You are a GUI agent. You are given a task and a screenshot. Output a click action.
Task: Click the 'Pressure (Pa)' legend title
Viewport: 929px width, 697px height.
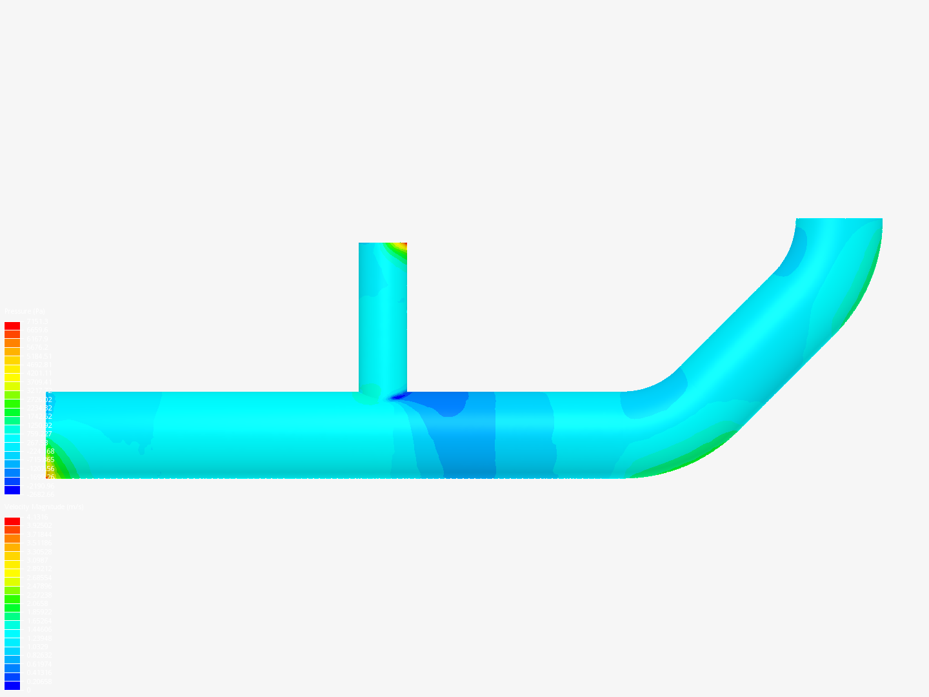25,312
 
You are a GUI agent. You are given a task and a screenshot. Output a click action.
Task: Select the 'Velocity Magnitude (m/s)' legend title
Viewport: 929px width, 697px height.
44,507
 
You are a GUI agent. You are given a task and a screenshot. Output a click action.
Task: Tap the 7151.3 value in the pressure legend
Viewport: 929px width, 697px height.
37,321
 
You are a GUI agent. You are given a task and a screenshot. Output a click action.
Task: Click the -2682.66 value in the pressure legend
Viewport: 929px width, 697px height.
39,494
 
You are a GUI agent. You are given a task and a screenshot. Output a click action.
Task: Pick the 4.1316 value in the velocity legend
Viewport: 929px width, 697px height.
37,517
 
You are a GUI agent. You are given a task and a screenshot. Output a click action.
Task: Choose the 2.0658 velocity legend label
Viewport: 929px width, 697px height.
37,603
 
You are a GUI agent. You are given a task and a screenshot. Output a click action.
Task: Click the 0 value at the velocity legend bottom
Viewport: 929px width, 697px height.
27,690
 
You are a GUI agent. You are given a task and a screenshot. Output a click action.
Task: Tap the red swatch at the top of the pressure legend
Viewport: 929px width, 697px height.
12,326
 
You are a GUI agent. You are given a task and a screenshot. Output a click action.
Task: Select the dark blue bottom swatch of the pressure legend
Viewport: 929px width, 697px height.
12,490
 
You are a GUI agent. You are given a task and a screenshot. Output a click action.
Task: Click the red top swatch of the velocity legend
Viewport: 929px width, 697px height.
12,521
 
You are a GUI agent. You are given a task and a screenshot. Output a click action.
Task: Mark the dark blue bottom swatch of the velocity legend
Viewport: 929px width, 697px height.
12,685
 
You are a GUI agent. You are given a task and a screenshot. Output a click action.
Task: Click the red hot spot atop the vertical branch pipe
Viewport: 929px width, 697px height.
403,245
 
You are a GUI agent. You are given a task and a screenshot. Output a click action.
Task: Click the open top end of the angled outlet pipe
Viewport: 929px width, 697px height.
839,219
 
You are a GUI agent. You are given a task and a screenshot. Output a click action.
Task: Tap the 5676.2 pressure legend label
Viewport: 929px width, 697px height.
37,347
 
